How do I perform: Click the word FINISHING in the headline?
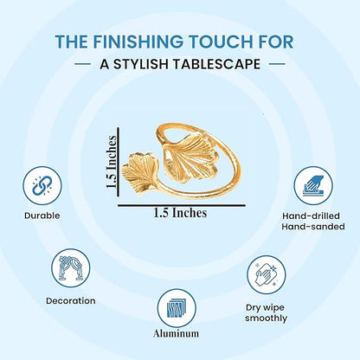[138, 42]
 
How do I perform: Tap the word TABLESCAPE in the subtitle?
[217, 64]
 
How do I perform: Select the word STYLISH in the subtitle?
[141, 64]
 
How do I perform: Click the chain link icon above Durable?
[42, 185]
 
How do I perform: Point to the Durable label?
[42, 215]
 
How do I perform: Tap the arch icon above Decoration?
[71, 268]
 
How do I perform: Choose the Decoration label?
[71, 300]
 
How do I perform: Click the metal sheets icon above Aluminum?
[177, 308]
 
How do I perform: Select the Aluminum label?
[177, 333]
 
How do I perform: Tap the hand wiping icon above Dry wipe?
[267, 274]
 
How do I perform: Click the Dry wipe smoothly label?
[266, 312]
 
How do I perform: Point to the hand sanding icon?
[313, 185]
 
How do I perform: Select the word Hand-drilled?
[311, 215]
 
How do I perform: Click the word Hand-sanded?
[313, 227]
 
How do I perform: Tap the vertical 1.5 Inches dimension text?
[112, 162]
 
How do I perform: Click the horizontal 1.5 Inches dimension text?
[180, 213]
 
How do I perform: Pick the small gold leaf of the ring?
[140, 174]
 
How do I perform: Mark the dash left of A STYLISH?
[82, 64]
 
